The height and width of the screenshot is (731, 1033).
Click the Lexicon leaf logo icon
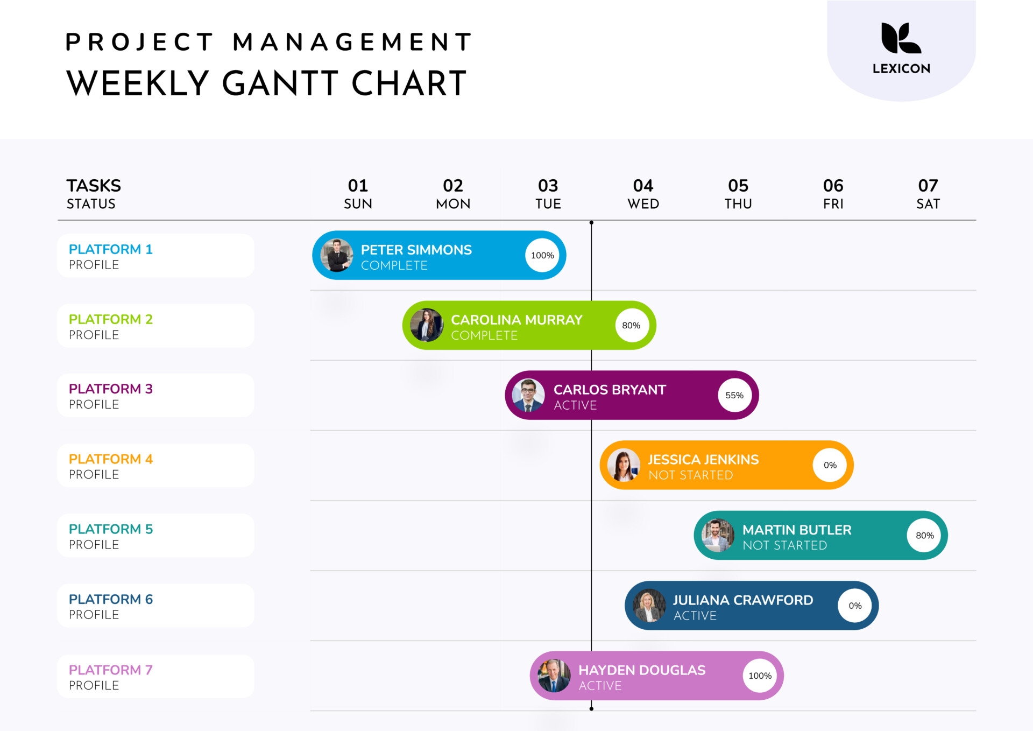click(901, 38)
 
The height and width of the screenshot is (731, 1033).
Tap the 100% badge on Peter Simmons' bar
click(542, 256)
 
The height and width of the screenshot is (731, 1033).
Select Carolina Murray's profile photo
click(427, 325)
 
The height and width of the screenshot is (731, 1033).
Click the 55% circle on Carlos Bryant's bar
click(734, 395)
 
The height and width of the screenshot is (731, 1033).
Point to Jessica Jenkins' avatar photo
click(624, 465)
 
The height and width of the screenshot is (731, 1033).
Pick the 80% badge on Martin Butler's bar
click(924, 536)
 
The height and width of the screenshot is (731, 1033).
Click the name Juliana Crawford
click(742, 600)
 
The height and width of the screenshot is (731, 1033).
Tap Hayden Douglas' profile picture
click(554, 676)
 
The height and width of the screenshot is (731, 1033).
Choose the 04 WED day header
click(643, 194)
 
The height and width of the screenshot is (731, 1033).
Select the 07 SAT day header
click(928, 194)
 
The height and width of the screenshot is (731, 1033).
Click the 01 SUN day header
click(358, 194)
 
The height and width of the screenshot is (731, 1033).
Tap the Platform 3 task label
click(111, 389)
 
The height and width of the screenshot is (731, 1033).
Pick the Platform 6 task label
click(111, 599)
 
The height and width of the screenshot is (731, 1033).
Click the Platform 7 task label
click(111, 670)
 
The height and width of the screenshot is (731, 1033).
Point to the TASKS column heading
click(94, 186)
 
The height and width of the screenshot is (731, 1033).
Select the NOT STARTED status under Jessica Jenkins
click(690, 475)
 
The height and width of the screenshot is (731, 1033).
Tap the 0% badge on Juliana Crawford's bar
click(855, 606)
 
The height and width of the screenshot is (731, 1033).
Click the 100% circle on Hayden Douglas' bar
click(760, 676)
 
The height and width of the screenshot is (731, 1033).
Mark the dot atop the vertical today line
click(591, 222)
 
